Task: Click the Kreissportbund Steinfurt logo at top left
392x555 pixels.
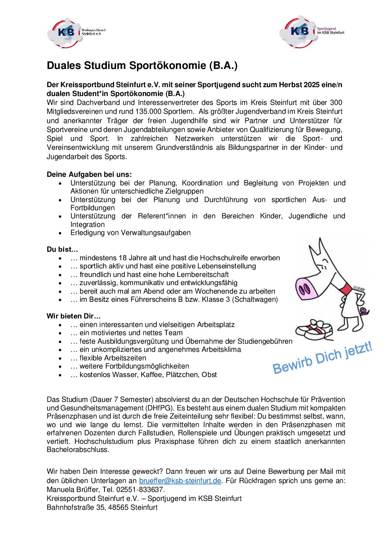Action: (x=76, y=33)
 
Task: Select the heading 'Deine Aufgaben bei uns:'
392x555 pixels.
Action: (x=89, y=174)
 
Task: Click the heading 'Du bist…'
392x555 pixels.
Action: (x=62, y=250)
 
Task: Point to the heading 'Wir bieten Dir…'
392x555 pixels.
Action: (x=73, y=316)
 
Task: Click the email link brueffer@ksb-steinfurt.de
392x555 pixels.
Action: (x=180, y=481)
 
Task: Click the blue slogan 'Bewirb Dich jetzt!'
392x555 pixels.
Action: (x=322, y=358)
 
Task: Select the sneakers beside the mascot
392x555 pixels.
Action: (x=314, y=329)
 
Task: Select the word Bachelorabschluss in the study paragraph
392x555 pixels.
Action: (x=78, y=450)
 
